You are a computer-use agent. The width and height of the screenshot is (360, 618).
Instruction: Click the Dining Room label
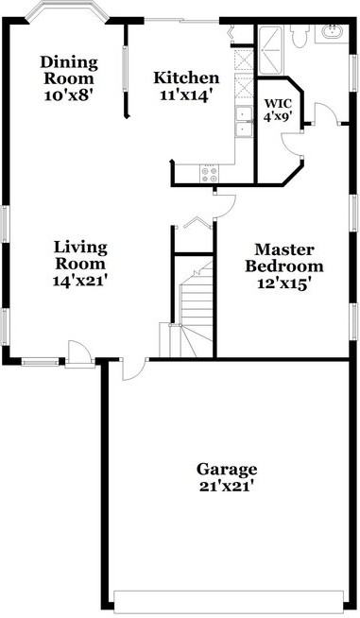68,70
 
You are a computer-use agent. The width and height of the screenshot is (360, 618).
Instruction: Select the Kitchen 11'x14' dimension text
187,95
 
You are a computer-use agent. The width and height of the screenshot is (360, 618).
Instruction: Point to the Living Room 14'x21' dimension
80,281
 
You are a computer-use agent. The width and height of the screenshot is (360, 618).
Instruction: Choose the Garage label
227,469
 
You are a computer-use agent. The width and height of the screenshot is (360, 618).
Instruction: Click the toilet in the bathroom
300,35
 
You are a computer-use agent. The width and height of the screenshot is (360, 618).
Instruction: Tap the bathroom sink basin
333,32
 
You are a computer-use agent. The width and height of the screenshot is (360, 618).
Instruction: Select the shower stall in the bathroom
272,43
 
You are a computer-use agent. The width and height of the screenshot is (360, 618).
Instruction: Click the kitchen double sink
244,122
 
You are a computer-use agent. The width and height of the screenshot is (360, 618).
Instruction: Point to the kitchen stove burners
209,174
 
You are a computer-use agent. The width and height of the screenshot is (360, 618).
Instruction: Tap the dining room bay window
65,14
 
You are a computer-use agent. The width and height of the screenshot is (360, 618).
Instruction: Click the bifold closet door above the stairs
196,224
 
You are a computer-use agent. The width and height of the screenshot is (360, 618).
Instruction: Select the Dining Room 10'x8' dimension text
68,95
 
